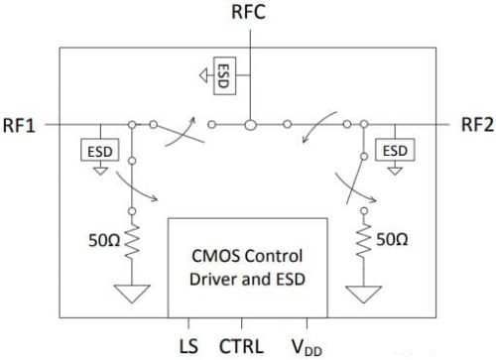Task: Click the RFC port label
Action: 249,14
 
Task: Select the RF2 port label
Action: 476,125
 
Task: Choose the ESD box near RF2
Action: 395,149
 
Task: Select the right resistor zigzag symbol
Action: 364,238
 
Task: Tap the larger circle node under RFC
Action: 251,125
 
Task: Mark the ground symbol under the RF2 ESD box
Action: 395,168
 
